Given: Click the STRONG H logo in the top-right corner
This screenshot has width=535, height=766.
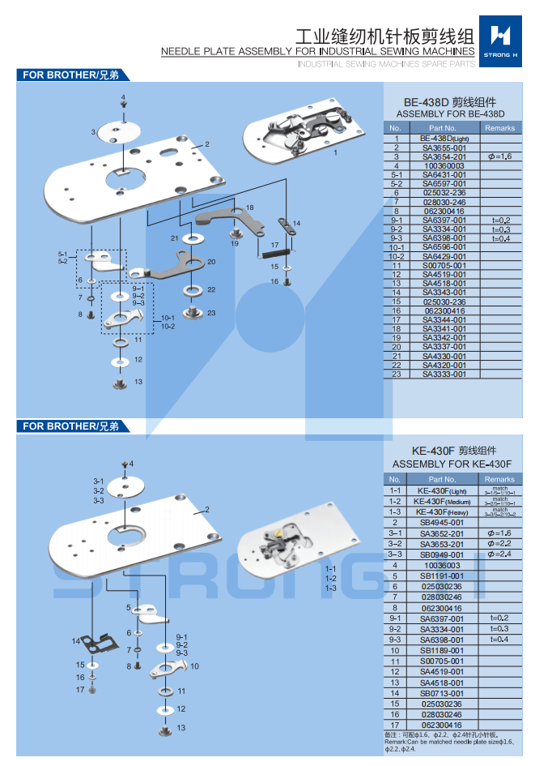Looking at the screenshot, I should pos(503,39).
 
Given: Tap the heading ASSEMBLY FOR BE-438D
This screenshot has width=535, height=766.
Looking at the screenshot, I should pos(450,114).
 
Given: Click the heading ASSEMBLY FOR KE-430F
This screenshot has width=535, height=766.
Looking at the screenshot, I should pos(452,464).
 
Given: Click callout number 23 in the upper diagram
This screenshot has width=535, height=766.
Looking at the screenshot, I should pos(211,313).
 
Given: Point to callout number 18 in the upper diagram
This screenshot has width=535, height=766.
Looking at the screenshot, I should pos(249,208).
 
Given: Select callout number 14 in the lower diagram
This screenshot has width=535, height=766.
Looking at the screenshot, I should pos(76,641).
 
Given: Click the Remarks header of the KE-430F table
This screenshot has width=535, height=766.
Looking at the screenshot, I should pos(499,480).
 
